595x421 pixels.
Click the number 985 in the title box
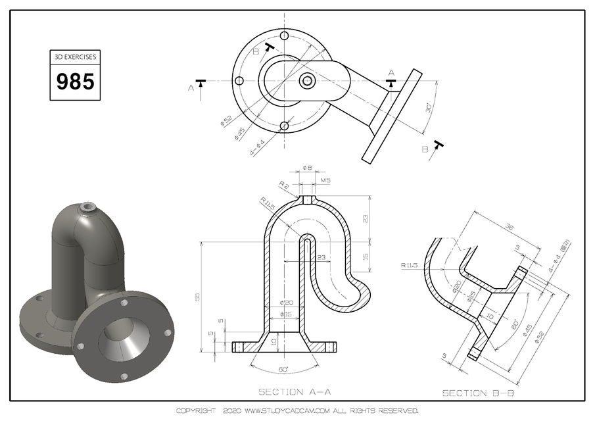point(76,82)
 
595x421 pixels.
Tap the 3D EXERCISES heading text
point(76,57)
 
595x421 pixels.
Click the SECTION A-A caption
point(295,392)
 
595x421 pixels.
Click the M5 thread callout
point(325,180)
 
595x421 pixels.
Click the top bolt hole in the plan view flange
point(283,36)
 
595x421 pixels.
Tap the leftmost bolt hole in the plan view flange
point(239,80)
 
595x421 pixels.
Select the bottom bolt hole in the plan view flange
point(283,126)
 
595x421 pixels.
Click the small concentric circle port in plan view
point(307,80)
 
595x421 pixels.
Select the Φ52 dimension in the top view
point(226,120)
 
